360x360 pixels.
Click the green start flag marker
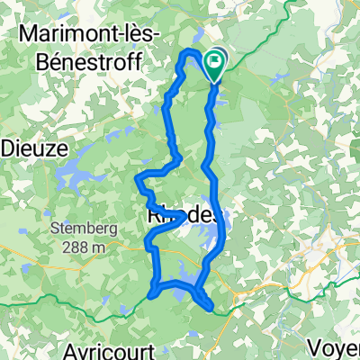(215, 62)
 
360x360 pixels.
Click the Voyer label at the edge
(337, 346)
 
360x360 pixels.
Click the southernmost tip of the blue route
(211, 309)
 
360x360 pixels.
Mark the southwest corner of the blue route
(151, 292)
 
